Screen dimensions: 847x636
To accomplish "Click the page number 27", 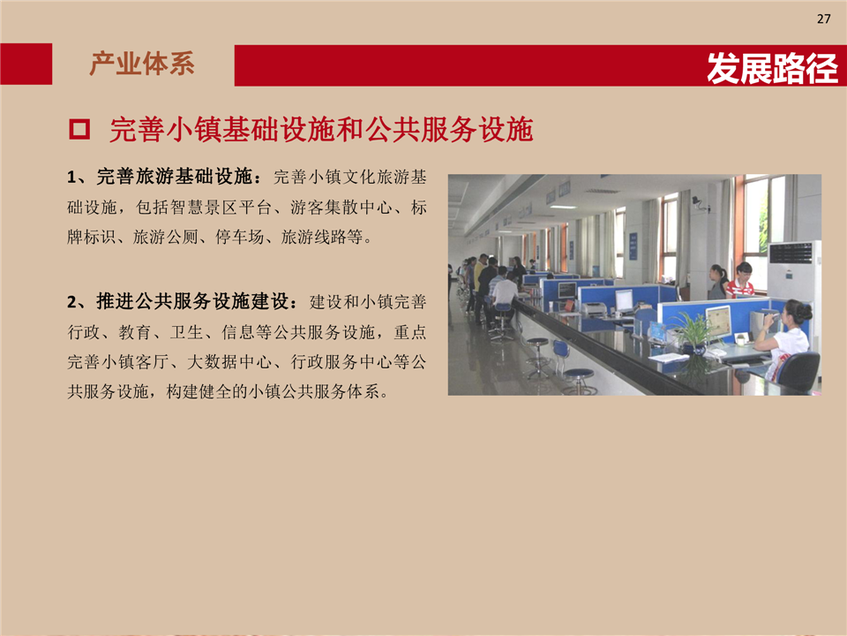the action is (823, 19).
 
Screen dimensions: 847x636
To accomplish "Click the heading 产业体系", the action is (142, 64).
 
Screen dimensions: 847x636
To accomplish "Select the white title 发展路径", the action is (773, 68).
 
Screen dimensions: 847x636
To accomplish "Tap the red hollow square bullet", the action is (79, 130).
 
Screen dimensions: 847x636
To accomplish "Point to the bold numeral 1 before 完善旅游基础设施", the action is (71, 178).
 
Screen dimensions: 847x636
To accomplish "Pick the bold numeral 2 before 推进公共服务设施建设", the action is (71, 302).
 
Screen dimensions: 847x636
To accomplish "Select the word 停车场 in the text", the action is (239, 237).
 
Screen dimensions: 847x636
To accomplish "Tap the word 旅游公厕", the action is (165, 237).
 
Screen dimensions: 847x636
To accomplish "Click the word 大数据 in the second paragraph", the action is (211, 361).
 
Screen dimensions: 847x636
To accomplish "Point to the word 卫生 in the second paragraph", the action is (186, 331).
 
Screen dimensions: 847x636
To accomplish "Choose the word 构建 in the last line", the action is (183, 391).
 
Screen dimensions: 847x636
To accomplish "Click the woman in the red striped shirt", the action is (740, 280).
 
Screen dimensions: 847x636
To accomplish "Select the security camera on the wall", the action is (700, 204).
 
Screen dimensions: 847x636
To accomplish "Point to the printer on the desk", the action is (594, 309).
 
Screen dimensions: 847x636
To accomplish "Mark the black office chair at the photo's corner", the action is (798, 372).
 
